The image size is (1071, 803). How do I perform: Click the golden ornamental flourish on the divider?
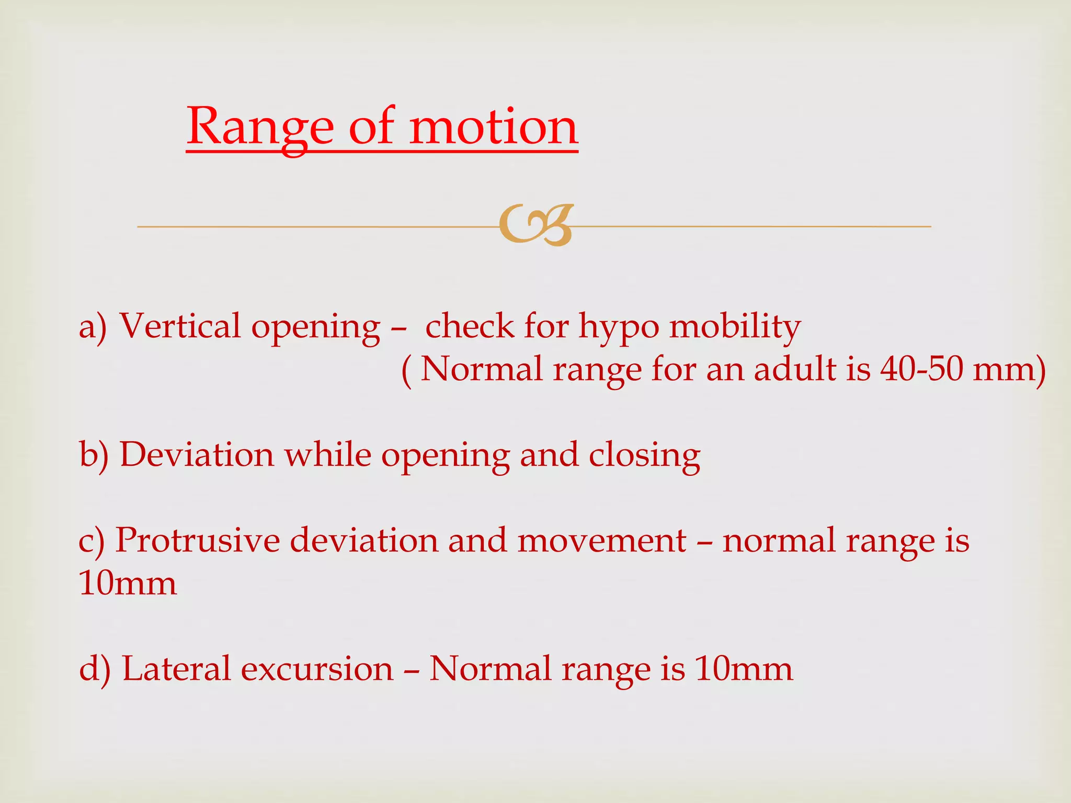pyautogui.click(x=536, y=225)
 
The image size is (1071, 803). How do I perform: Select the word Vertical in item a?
pyautogui.click(x=180, y=326)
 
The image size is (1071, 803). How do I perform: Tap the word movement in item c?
pyautogui.click(x=601, y=541)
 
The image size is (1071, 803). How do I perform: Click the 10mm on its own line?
pyautogui.click(x=128, y=583)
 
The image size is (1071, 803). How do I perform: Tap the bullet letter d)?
pyautogui.click(x=95, y=669)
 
